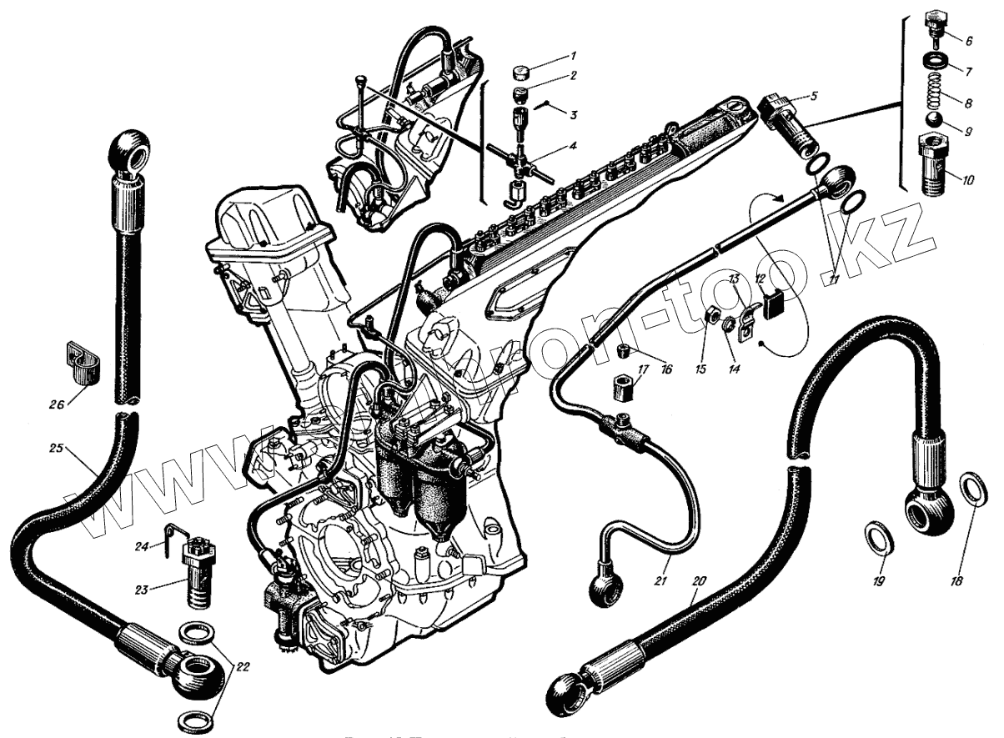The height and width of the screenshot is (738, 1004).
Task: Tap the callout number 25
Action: pyautogui.click(x=55, y=448)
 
